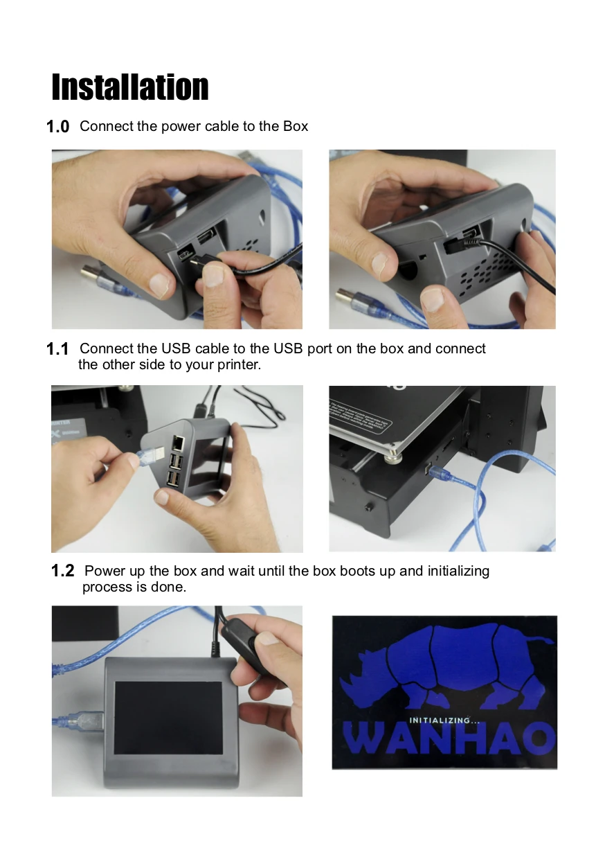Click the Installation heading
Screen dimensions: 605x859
tap(130, 87)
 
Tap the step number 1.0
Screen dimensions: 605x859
tap(57, 127)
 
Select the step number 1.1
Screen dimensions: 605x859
tap(57, 349)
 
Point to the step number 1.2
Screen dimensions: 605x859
tap(62, 571)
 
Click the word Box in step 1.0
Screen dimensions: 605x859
tap(296, 126)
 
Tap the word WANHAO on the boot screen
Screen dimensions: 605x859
tap(449, 738)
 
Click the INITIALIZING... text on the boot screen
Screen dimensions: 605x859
tap(444, 720)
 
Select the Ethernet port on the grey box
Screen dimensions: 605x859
tap(178, 443)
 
